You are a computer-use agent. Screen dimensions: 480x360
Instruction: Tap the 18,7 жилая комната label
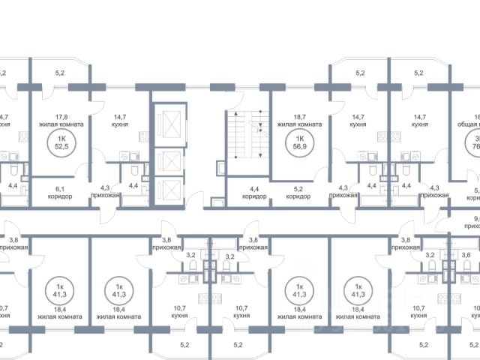tap(299, 121)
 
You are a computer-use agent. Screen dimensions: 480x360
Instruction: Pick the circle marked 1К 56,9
tap(300, 142)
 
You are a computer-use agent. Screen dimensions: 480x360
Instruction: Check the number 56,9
tap(300, 147)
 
